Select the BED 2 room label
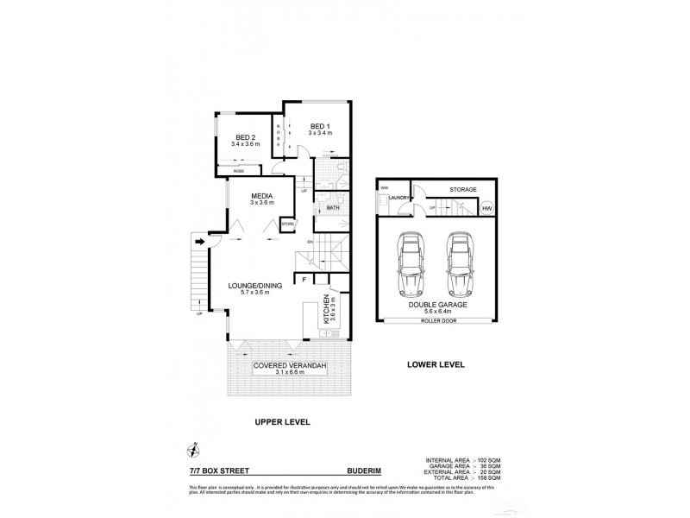[247, 137]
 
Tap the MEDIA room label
[261, 195]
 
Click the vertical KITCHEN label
[326, 307]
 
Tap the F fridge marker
[303, 280]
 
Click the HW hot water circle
[487, 208]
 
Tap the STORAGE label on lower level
[463, 188]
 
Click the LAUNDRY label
[398, 199]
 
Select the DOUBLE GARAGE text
[438, 304]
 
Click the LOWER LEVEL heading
[436, 365]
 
